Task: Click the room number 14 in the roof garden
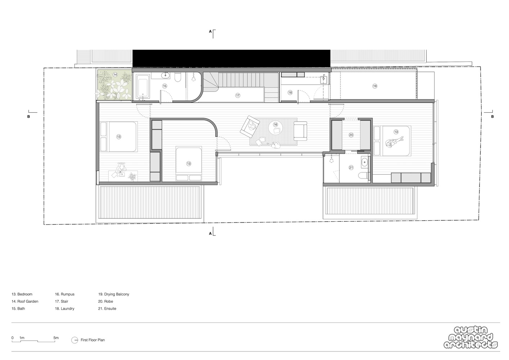click(115, 75)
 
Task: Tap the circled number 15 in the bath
click(165, 86)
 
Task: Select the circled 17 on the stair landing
click(238, 95)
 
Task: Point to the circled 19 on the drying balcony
click(375, 86)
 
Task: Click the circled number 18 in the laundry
click(290, 93)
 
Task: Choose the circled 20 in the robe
click(351, 135)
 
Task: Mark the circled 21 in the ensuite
click(351, 168)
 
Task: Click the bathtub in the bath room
click(143, 87)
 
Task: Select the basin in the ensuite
click(365, 162)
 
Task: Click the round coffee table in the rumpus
click(276, 127)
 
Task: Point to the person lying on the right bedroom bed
click(394, 142)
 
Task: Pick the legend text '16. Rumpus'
click(65, 294)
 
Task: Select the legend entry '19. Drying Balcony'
click(114, 294)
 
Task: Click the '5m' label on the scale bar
click(56, 338)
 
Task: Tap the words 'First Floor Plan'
click(93, 340)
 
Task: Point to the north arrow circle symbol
click(75, 340)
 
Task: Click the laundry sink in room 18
click(324, 80)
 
